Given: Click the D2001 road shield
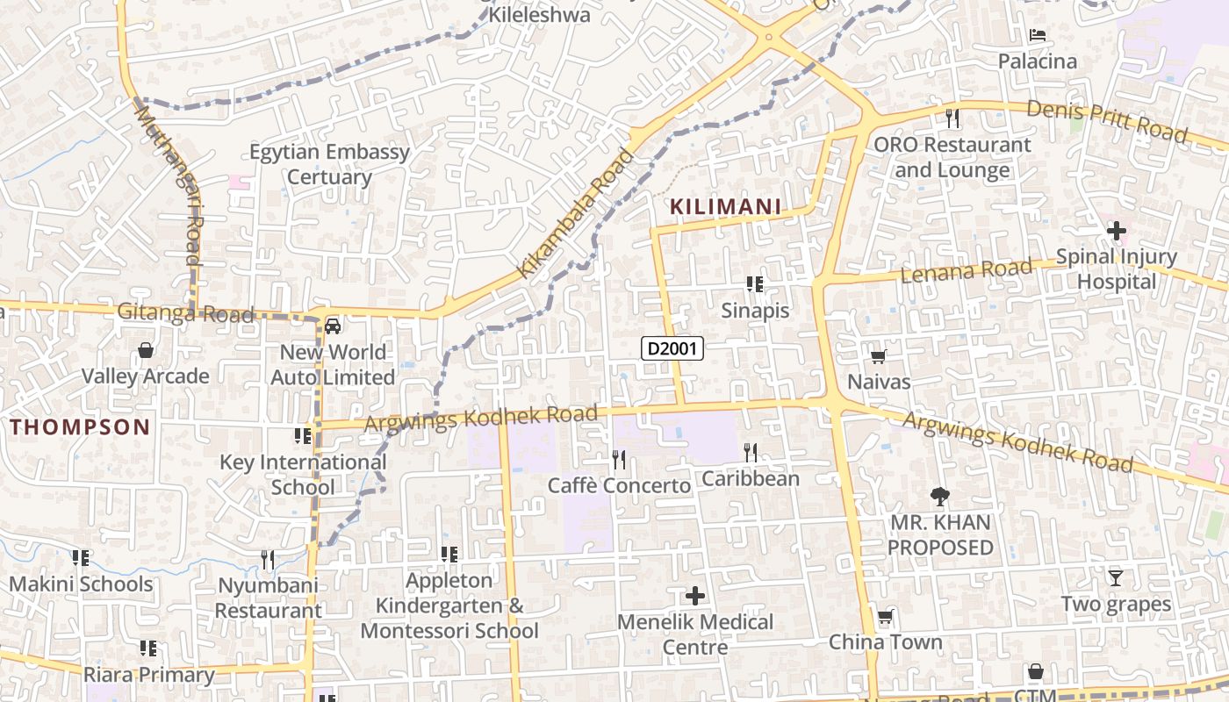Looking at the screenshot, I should click(672, 348).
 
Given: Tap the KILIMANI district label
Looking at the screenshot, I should click(725, 207).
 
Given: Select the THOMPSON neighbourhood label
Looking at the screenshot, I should click(80, 427).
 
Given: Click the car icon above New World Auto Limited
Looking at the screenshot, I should click(333, 326).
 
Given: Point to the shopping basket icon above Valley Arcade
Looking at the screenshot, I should click(146, 351).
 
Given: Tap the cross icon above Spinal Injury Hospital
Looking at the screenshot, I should click(1117, 232).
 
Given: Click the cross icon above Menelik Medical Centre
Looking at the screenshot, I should click(694, 597).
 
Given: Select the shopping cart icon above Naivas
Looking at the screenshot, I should click(878, 356).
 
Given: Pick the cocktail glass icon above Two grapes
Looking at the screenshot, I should click(1116, 577).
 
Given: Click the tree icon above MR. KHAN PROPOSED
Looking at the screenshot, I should click(940, 497).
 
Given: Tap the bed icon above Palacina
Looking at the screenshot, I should click(1037, 36).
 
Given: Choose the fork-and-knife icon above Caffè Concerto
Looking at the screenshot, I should click(619, 459).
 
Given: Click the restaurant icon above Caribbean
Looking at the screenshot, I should click(751, 453).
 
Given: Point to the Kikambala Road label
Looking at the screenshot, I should click(575, 214).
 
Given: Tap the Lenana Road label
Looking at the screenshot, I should click(967, 271).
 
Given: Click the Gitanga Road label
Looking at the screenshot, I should click(185, 312).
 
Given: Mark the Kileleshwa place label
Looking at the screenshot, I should click(539, 15).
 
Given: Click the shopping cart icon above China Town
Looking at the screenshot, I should click(885, 617).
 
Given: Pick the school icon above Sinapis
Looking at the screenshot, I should click(755, 284).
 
